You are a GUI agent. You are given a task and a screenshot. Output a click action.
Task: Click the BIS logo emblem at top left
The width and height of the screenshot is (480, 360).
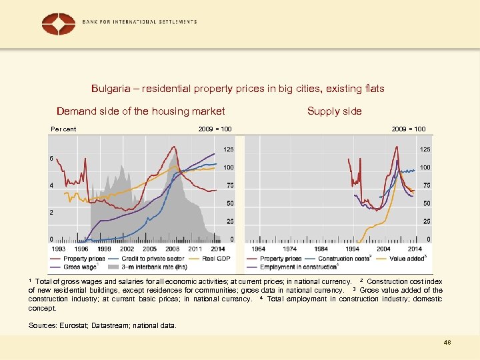[x=59, y=23]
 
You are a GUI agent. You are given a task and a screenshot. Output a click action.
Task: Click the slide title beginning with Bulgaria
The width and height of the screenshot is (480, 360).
[x=238, y=89]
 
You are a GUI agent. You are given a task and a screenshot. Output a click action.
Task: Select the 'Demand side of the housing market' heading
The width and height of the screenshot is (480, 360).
[x=141, y=111]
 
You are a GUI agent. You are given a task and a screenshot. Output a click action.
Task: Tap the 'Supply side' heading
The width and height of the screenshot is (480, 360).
[x=334, y=111]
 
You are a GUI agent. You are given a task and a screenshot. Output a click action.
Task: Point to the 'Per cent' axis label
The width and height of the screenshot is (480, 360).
[x=64, y=129]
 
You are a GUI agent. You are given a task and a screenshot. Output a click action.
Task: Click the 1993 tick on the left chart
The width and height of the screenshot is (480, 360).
[x=58, y=249]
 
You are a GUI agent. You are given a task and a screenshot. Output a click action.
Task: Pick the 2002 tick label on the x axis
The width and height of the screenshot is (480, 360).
[x=127, y=249]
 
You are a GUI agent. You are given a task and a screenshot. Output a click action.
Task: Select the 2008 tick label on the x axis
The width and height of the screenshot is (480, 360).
[x=173, y=249]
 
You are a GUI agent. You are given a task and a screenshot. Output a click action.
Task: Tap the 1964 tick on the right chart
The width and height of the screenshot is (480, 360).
[x=258, y=249]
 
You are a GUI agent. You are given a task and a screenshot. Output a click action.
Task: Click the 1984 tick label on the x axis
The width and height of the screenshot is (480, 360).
[x=321, y=249]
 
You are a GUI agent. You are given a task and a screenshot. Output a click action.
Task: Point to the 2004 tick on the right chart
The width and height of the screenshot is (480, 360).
[x=383, y=249]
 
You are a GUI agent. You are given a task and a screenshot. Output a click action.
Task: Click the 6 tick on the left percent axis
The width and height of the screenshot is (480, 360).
[x=51, y=159]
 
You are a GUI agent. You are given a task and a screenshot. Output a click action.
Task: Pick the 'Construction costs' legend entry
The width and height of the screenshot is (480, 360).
[x=344, y=259]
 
